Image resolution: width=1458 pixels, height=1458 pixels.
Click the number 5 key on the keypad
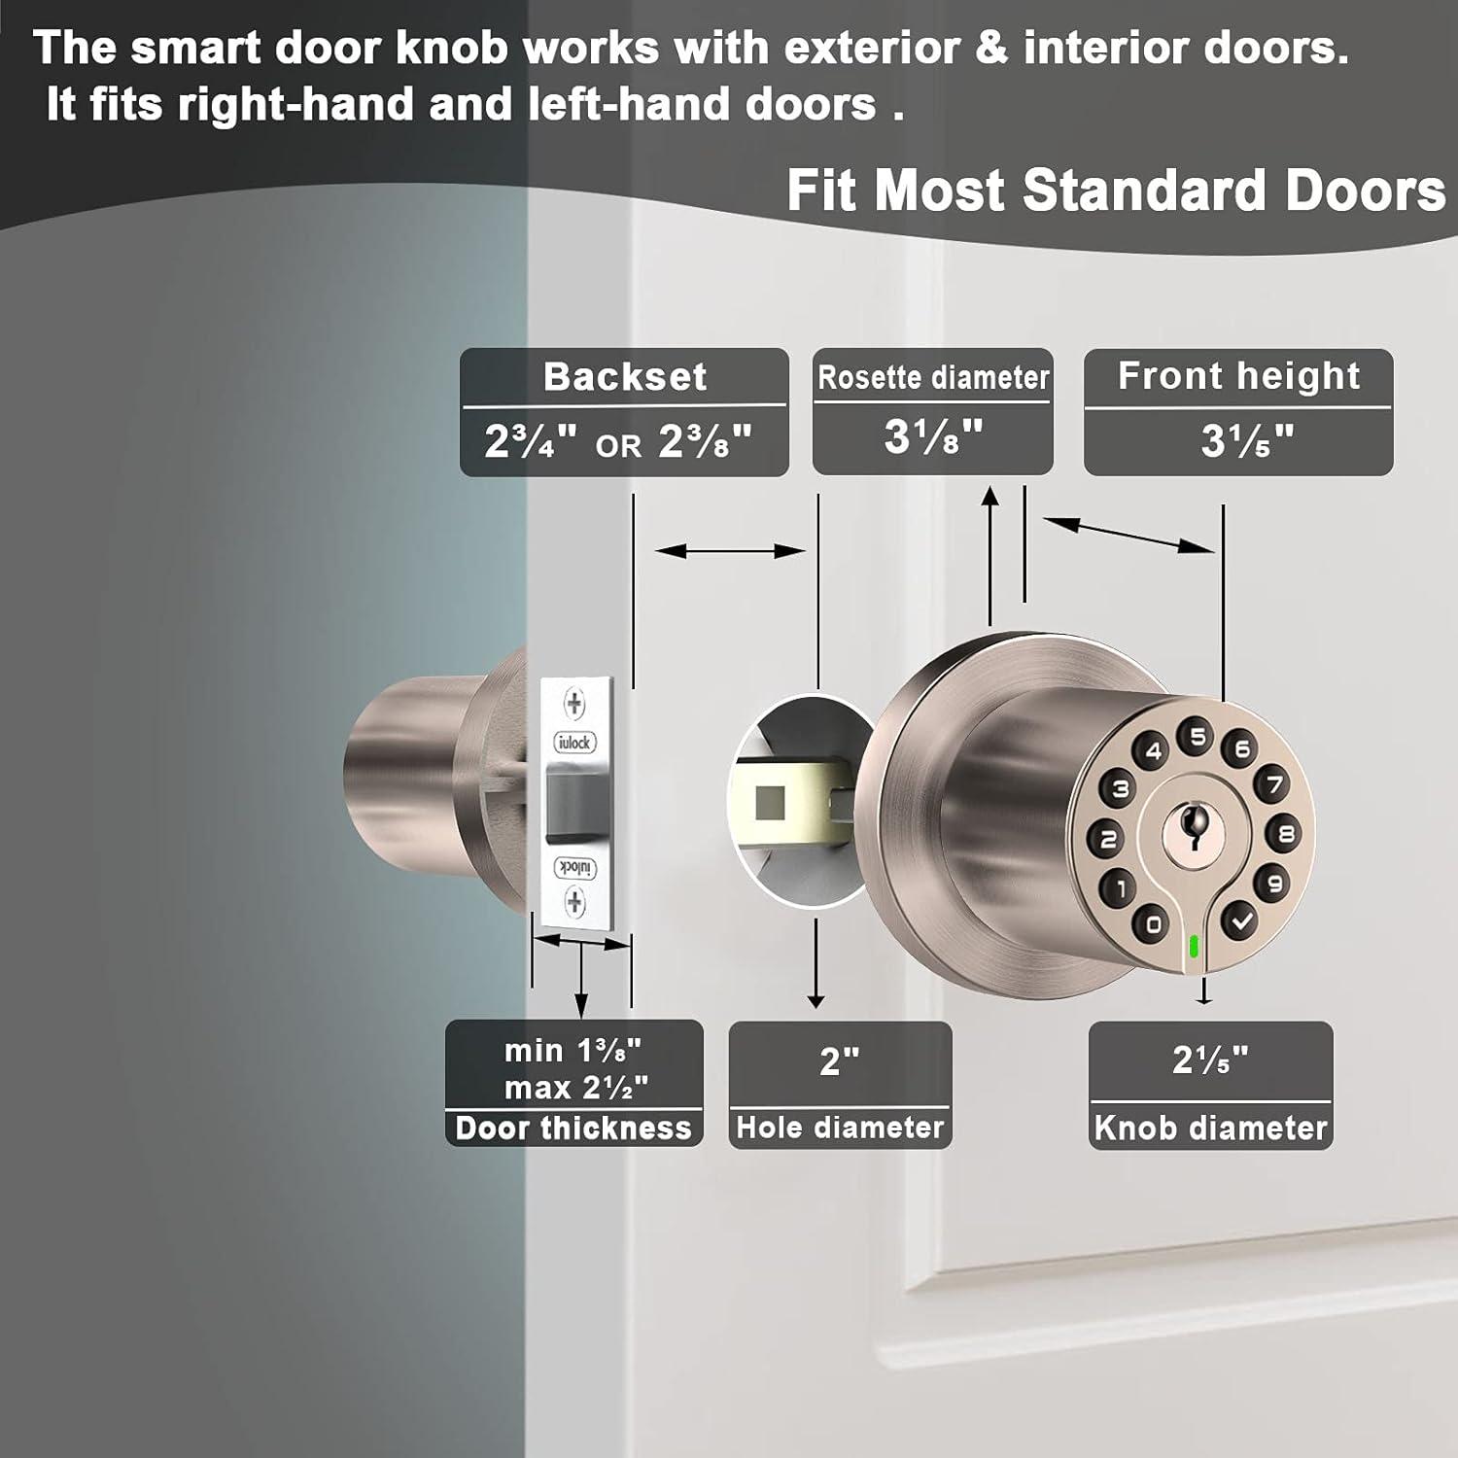point(1198,737)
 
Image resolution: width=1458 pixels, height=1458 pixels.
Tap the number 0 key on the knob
point(1153,922)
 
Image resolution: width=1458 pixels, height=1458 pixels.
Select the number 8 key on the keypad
point(1286,833)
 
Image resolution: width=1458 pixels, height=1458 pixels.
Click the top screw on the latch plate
point(574,704)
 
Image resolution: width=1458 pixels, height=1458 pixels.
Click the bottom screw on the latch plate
point(574,902)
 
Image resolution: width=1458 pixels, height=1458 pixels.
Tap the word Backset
point(625,376)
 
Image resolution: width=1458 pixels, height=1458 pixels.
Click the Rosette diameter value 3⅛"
point(933,436)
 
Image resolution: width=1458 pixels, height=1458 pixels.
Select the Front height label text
point(1238,376)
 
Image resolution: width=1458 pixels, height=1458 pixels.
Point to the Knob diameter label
point(1210,1128)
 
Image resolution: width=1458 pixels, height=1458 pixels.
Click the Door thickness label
point(573,1128)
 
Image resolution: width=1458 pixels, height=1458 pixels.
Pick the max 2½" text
point(575,1087)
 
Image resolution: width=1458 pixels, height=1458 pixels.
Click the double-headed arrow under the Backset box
point(730,551)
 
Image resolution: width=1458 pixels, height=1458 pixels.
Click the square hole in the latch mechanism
point(770,803)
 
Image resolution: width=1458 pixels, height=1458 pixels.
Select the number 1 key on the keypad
point(1120,886)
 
